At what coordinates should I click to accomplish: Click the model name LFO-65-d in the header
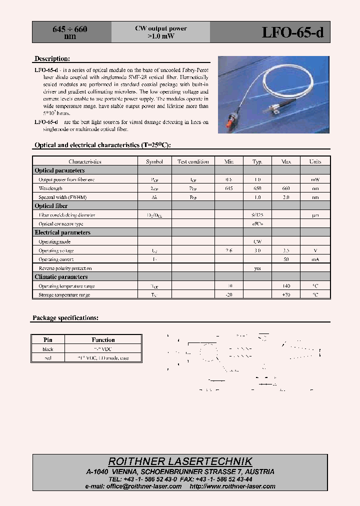pyautogui.click(x=292, y=32)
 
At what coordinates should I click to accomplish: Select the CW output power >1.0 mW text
pyautogui.click(x=160, y=32)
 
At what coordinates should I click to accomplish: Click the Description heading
pyautogui.click(x=52, y=59)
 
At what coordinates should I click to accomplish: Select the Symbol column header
pyautogui.click(x=154, y=161)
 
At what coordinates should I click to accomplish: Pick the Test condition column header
pyautogui.click(x=193, y=161)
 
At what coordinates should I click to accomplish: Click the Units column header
pyautogui.click(x=315, y=161)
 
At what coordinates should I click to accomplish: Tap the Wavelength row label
pyautogui.click(x=50, y=188)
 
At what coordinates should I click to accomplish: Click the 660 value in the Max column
pyautogui.click(x=286, y=188)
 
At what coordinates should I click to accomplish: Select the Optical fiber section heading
pyautogui.click(x=51, y=206)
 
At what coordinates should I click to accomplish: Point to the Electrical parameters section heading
pyautogui.click(x=62, y=232)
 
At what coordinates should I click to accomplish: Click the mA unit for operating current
pyautogui.click(x=315, y=259)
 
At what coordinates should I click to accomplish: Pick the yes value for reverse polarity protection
pyautogui.click(x=257, y=268)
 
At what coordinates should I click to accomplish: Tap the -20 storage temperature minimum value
pyautogui.click(x=229, y=295)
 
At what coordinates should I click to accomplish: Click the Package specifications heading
pyautogui.click(x=65, y=318)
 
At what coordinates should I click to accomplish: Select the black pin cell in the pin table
pyautogui.click(x=48, y=349)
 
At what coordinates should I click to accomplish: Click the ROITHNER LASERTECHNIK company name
pyautogui.click(x=180, y=461)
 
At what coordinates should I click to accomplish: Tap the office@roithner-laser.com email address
pyautogui.click(x=133, y=486)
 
